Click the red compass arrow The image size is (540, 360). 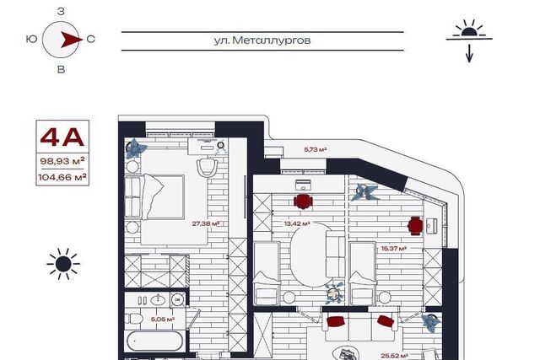[71, 40]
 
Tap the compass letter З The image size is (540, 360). [61, 12]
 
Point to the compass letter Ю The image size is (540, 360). [32, 39]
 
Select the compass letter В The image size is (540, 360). [61, 69]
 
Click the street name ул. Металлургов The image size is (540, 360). [262, 40]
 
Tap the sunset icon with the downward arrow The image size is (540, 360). [469, 40]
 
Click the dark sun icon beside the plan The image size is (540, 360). [63, 264]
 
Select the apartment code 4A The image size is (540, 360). [62, 137]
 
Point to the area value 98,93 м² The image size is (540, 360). [62, 161]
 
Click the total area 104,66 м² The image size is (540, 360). [62, 177]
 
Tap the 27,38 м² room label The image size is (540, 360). [206, 223]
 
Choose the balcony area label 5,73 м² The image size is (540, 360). [315, 150]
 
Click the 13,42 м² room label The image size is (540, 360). [297, 223]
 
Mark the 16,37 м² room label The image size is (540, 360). [394, 248]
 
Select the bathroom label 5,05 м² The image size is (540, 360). [163, 320]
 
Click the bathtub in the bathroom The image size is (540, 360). [154, 341]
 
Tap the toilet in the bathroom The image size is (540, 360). [133, 319]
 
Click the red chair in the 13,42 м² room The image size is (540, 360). [303, 201]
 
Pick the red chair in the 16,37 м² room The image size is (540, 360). [415, 226]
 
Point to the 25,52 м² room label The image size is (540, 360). [394, 356]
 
